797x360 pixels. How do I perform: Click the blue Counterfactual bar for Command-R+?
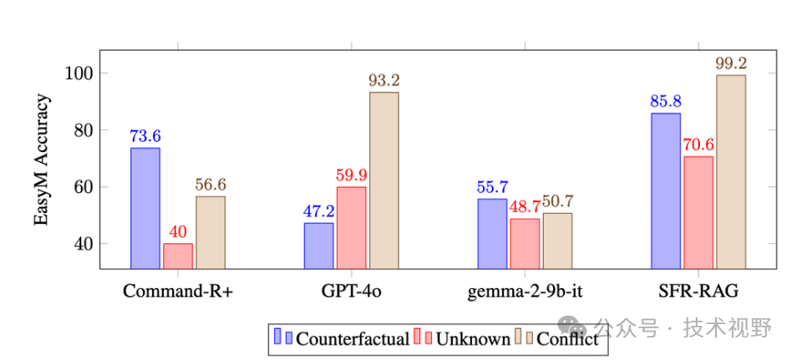pos(145,208)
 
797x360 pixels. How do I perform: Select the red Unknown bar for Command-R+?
pos(178,256)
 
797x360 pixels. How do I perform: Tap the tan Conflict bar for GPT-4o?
pos(383,180)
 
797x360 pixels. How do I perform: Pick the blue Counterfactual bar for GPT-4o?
pos(318,246)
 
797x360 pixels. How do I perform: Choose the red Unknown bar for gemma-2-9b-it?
pos(525,243)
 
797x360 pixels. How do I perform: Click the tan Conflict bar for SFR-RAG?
pos(731,171)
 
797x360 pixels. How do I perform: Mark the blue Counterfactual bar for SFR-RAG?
pos(666,190)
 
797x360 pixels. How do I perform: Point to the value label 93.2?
pos(384,81)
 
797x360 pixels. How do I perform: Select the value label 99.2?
pos(731,63)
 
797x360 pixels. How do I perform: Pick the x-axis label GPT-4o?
pos(351,292)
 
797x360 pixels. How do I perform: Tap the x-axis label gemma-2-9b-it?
pos(525,292)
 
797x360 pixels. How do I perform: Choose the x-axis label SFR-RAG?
pos(698,292)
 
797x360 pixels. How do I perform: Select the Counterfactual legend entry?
pos(352,339)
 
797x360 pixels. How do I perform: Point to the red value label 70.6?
pos(698,145)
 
